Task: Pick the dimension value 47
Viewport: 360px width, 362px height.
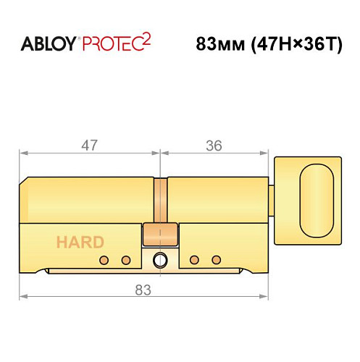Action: pyautogui.click(x=90, y=146)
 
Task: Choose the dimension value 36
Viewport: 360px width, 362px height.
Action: pyautogui.click(x=213, y=146)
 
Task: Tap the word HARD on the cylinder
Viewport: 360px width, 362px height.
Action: pyautogui.click(x=79, y=242)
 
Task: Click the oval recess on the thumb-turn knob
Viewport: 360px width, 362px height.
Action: pyautogui.click(x=318, y=198)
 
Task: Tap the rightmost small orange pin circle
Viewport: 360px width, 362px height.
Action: pyautogui.click(x=215, y=260)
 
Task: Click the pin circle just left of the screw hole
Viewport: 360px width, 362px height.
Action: pyautogui.click(x=126, y=260)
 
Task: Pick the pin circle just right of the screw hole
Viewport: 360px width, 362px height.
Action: pyautogui.click(x=193, y=260)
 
